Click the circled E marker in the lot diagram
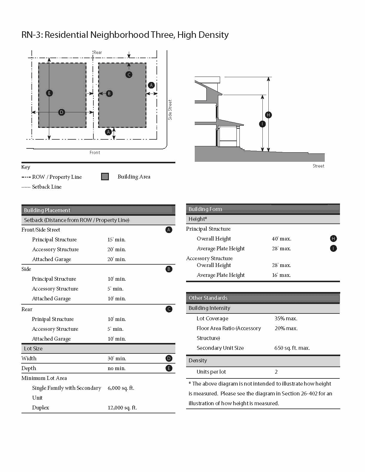click(x=50, y=93)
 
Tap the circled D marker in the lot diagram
click(x=61, y=112)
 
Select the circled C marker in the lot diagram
click(x=129, y=74)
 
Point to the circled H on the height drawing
click(x=268, y=115)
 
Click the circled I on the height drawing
click(x=262, y=124)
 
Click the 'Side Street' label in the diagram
click(x=170, y=110)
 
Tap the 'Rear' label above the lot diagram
click(x=98, y=52)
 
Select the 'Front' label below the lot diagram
click(x=95, y=153)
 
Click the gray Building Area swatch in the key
click(x=105, y=177)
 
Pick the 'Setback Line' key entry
click(x=47, y=187)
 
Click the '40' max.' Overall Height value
click(x=282, y=239)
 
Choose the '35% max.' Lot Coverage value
click(x=286, y=319)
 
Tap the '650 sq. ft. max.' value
click(x=292, y=348)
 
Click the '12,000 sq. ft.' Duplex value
click(x=122, y=408)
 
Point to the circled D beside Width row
click(x=169, y=358)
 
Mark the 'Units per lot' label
click(x=211, y=372)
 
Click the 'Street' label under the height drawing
click(x=318, y=166)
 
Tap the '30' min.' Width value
click(x=117, y=358)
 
